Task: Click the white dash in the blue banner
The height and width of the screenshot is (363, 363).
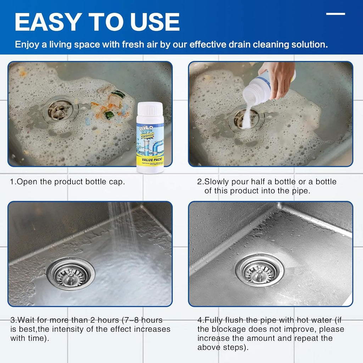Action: (x=335, y=14)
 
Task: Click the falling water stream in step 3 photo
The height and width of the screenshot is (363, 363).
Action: (x=122, y=227)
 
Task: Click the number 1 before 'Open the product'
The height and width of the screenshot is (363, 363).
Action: (x=12, y=182)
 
